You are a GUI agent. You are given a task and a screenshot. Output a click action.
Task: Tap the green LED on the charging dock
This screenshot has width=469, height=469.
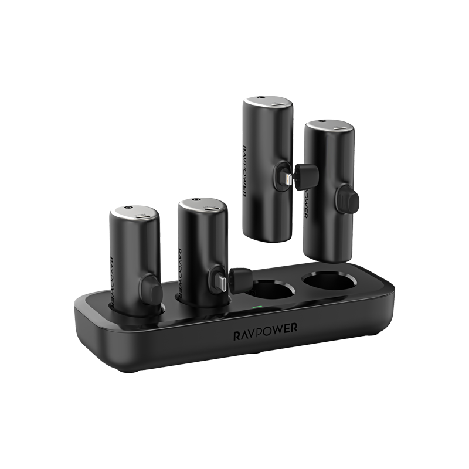[x=256, y=306]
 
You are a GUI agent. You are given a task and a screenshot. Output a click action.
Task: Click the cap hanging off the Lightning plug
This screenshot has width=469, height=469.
[x=306, y=175]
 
